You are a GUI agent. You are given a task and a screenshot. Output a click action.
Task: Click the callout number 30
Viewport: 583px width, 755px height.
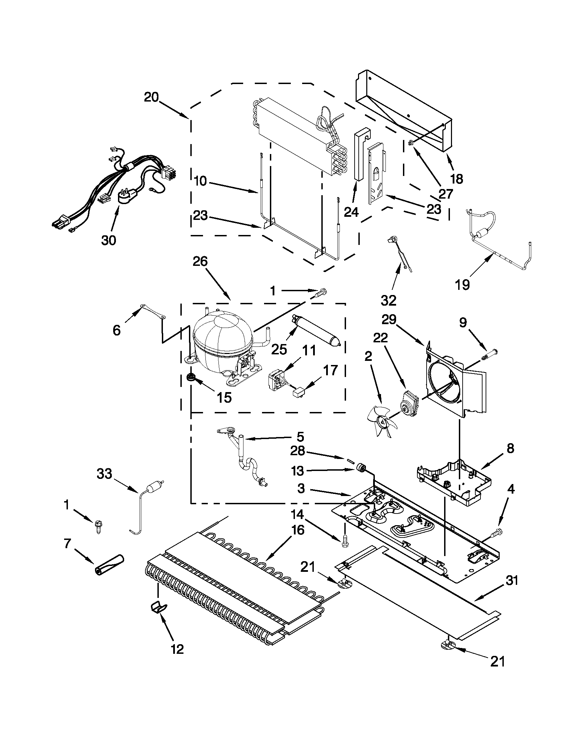[108, 240]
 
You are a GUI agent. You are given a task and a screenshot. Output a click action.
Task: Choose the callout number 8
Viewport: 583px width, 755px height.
[510, 449]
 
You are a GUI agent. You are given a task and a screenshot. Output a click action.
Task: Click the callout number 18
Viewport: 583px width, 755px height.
[457, 179]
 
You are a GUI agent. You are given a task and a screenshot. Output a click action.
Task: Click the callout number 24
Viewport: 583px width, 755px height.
[352, 212]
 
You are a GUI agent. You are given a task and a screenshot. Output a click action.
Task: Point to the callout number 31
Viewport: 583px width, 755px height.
[512, 581]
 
